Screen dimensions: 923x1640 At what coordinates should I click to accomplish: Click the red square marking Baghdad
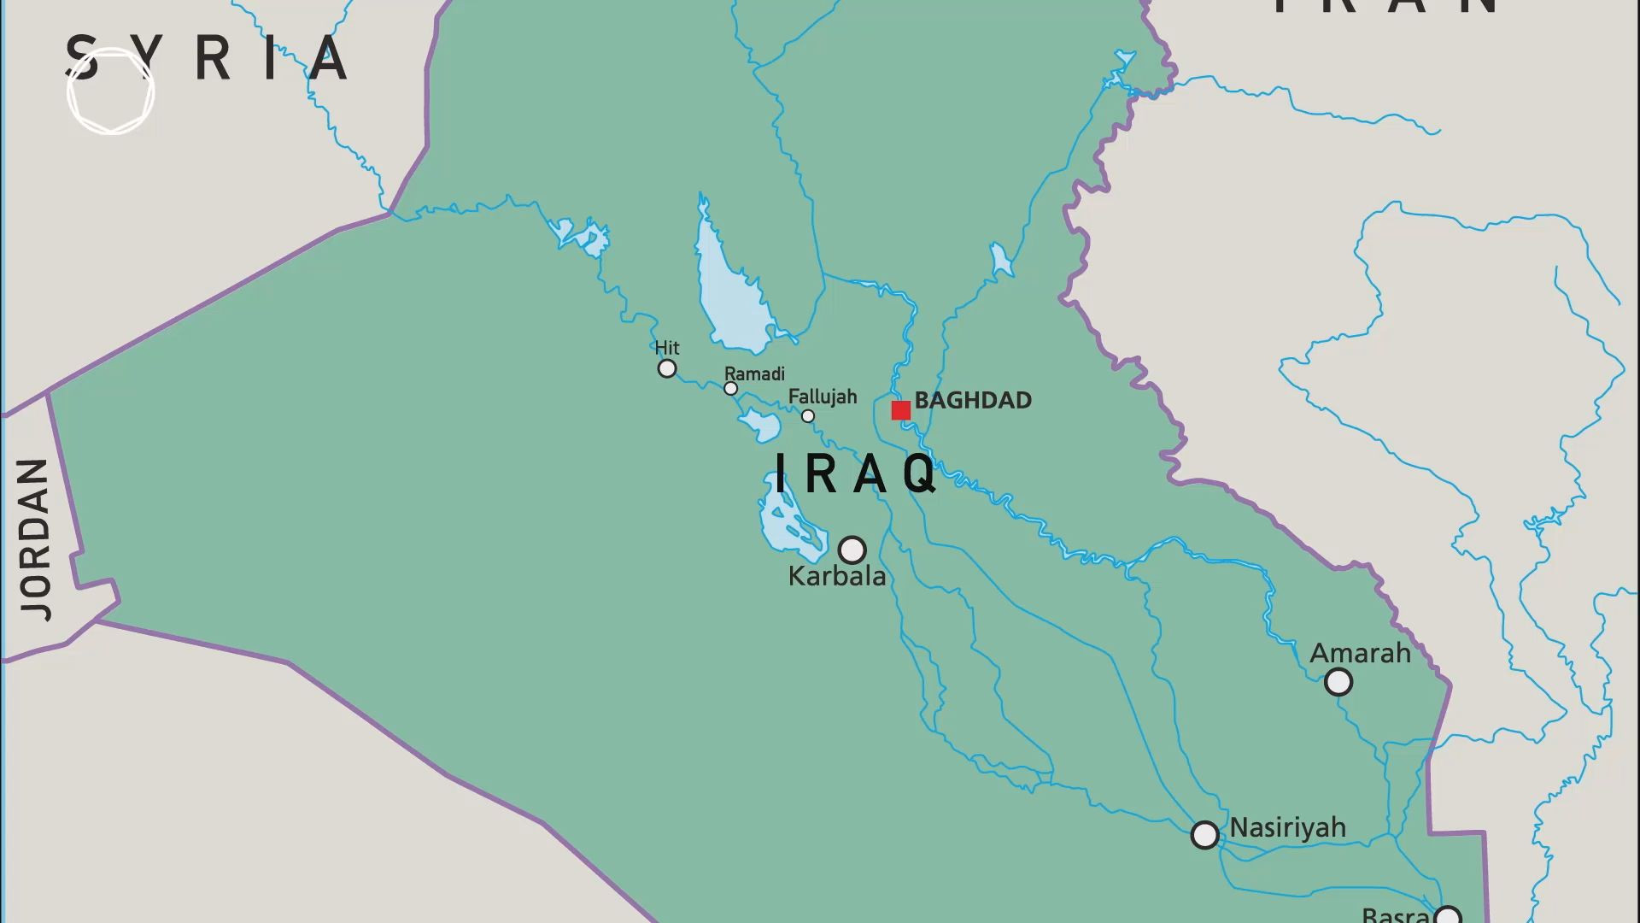(900, 410)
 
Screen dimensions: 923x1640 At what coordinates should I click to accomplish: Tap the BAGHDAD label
(973, 400)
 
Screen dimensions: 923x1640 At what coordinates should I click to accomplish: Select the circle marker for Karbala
(852, 550)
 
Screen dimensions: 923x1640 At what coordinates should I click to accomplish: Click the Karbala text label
(836, 576)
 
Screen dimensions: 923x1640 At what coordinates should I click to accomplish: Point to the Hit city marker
(667, 368)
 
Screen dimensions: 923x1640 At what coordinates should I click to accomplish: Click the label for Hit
(667, 348)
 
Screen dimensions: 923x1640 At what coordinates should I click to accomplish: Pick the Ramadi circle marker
(730, 389)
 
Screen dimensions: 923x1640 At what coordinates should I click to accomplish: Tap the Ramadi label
(754, 373)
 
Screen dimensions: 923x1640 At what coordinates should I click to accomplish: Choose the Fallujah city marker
(808, 416)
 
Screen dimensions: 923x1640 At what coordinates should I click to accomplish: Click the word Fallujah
(822, 397)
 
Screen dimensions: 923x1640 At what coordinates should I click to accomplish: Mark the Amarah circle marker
(1338, 682)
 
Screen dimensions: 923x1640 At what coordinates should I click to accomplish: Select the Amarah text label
(1360, 654)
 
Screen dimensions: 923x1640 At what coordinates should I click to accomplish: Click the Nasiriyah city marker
(1204, 835)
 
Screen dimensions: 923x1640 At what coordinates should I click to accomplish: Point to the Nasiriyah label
(1287, 827)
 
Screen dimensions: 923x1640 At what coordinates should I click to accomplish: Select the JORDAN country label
(35, 538)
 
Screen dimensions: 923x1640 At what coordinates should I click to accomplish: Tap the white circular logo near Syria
(111, 91)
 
